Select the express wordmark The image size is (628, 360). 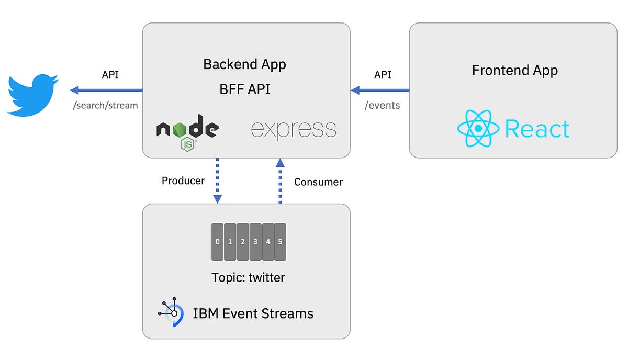point(294,129)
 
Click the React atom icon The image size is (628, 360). point(478,129)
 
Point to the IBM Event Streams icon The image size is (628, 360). point(171,313)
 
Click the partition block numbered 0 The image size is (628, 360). point(217,242)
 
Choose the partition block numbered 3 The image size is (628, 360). point(255,242)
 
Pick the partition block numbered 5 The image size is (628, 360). point(280,242)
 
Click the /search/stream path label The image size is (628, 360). point(106,105)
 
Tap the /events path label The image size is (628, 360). point(382,105)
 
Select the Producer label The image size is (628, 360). point(183,181)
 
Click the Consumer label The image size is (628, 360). point(318,182)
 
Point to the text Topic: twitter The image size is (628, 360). point(248,277)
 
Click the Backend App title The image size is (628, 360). point(244,64)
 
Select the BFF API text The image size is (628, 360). point(244,89)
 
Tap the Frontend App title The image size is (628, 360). point(515,70)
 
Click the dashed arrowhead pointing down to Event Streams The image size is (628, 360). point(218,199)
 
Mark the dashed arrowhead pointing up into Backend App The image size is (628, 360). point(280,163)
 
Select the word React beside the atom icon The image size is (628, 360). point(537,129)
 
